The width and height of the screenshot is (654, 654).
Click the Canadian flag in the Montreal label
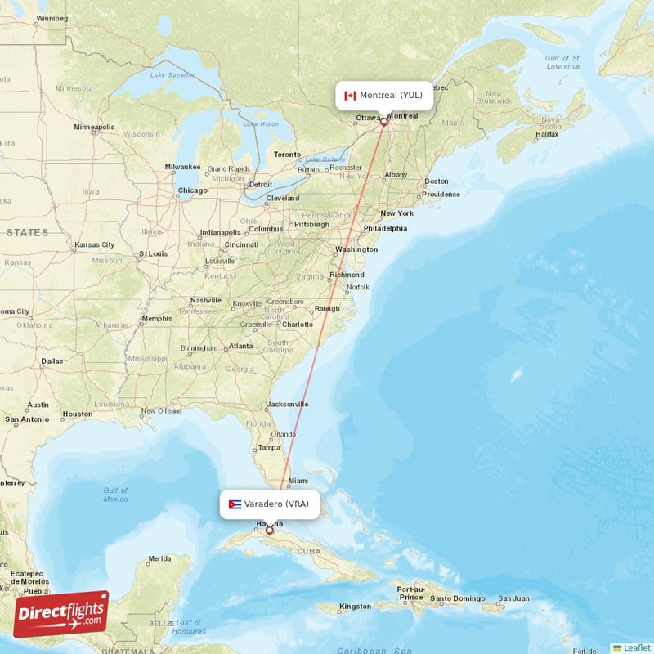[x=351, y=95]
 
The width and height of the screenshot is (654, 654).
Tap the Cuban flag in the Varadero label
[x=235, y=504]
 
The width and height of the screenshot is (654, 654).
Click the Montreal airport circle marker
[x=383, y=121]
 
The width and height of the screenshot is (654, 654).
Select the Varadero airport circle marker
[x=269, y=530]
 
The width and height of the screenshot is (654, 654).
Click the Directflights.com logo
[x=60, y=614]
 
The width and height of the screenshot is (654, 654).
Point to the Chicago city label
[x=192, y=191]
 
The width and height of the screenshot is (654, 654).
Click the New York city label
[x=396, y=213]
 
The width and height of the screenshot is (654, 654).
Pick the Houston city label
[x=78, y=414]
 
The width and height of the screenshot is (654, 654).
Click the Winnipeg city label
[x=52, y=17]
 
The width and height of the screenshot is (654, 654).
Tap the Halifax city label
[x=547, y=133]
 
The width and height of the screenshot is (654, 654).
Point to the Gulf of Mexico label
[x=115, y=495]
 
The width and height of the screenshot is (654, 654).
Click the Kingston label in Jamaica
[x=356, y=606]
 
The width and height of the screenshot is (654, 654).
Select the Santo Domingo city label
[x=459, y=599]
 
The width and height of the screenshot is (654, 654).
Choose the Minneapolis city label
[x=95, y=128]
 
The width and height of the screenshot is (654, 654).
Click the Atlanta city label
[x=240, y=346]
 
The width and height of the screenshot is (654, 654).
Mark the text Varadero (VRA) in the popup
[x=276, y=504]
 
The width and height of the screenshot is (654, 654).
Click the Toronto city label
[x=287, y=154]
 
